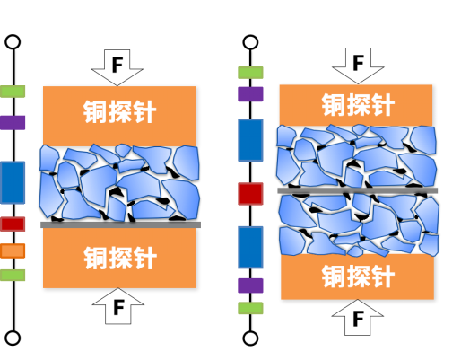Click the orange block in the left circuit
pos(13,250)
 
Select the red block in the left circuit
pos(13,224)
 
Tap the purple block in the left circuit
pos(13,123)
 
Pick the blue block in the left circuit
pos(13,182)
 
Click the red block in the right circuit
pos(250,194)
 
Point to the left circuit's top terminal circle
pos(13,42)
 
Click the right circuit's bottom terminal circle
pos(250,338)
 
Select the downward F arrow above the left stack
pos(117,67)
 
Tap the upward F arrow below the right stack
pos(358,317)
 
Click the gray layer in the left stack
pos(120,224)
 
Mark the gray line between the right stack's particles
pos(358,190)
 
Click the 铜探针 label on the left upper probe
pos(119,112)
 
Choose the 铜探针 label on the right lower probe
pos(358,277)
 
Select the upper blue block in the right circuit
pos(250,140)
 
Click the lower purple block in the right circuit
pos(250,285)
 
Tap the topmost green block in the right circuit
pos(250,73)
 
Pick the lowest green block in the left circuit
pos(13,275)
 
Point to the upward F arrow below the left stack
pos(118,306)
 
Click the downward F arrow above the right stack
pos(358,66)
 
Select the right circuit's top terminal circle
pos(250,42)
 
